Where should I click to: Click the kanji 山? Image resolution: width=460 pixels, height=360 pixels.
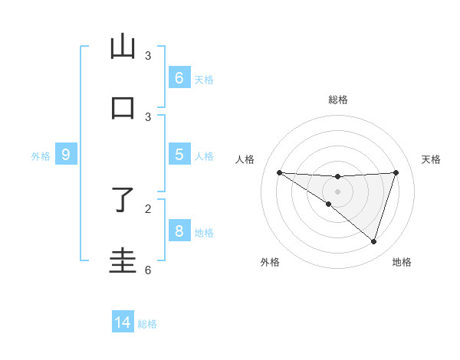(x=123, y=47)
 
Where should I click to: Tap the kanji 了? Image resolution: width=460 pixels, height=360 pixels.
(x=123, y=201)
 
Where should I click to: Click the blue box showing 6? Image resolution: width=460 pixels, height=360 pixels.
(x=179, y=78)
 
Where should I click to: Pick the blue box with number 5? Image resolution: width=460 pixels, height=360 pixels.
(x=179, y=155)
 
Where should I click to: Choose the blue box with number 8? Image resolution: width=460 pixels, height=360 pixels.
(x=179, y=231)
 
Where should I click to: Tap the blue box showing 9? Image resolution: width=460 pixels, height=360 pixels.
(x=66, y=155)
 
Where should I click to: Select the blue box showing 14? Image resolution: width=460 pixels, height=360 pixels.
(x=123, y=322)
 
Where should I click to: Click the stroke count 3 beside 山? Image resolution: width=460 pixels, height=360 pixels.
(x=148, y=56)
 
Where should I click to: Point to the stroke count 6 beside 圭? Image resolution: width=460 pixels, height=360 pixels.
(x=148, y=270)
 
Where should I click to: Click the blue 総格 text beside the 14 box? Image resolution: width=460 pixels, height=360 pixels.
(x=147, y=324)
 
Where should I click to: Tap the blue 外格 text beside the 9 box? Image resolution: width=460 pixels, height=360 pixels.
(x=41, y=156)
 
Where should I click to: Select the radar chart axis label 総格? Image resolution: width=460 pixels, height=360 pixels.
(x=337, y=100)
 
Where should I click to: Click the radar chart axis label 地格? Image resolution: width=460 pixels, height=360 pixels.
(x=402, y=262)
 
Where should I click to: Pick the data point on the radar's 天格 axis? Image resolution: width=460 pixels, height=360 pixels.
(x=396, y=172)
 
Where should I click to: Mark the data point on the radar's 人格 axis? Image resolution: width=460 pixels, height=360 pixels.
(x=279, y=172)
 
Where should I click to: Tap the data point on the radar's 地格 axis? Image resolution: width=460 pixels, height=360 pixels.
(x=373, y=241)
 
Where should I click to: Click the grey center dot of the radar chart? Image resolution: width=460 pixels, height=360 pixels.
(x=337, y=191)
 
